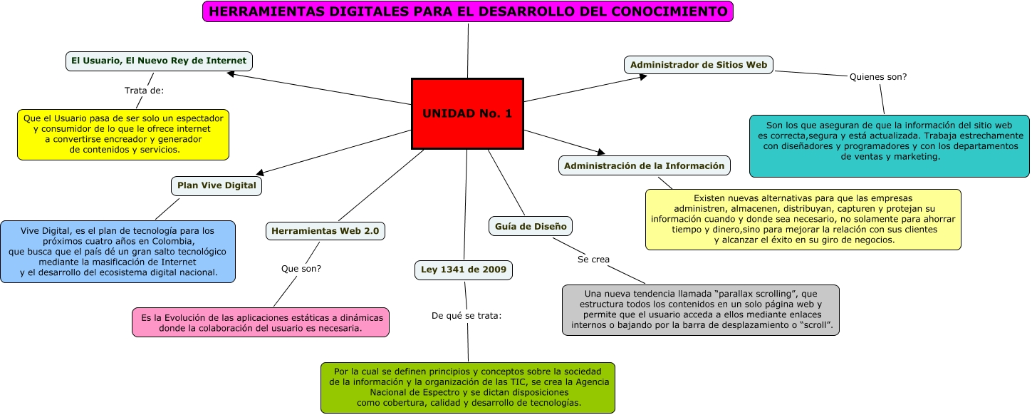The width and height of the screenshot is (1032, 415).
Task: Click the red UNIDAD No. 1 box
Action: pos(467,113)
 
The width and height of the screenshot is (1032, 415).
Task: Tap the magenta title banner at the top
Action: pos(468,11)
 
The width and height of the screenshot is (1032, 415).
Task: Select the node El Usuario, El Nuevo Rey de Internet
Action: pos(159,61)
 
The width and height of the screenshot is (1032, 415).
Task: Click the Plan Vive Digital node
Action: pos(217,185)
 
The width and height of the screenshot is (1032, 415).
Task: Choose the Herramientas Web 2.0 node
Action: pos(325,231)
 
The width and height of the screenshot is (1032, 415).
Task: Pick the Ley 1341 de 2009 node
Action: pos(464,270)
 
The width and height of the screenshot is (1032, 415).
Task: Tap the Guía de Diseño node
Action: pos(531,226)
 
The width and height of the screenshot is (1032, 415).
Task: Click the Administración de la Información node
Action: pos(644,165)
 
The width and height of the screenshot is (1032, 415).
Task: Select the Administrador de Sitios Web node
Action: pos(699,65)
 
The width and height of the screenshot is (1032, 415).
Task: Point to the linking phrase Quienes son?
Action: pos(878,76)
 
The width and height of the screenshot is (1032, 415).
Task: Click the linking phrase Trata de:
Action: pos(144,91)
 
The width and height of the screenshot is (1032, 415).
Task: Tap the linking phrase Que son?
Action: pos(301,269)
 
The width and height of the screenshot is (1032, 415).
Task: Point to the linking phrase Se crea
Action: pos(593,259)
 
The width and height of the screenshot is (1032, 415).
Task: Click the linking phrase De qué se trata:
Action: pos(467,315)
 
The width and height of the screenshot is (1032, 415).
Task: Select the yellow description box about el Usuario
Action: pos(123,134)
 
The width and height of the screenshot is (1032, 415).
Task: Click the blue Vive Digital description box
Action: pos(118,251)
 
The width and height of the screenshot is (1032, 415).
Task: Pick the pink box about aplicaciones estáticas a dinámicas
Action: pos(261,323)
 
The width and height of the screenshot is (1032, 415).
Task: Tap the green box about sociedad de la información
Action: pos(468,387)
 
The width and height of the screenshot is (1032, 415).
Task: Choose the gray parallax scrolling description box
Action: pos(701,310)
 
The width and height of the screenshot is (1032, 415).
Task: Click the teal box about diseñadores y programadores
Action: pos(890,145)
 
